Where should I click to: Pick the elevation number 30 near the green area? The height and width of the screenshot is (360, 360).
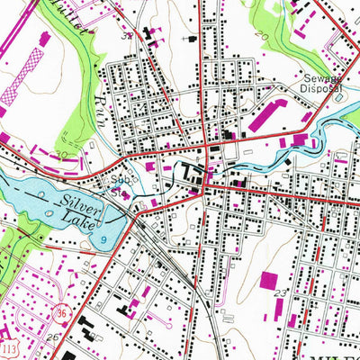62,156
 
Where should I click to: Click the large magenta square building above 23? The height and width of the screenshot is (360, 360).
270,279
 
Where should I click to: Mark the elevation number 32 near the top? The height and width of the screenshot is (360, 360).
127,35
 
